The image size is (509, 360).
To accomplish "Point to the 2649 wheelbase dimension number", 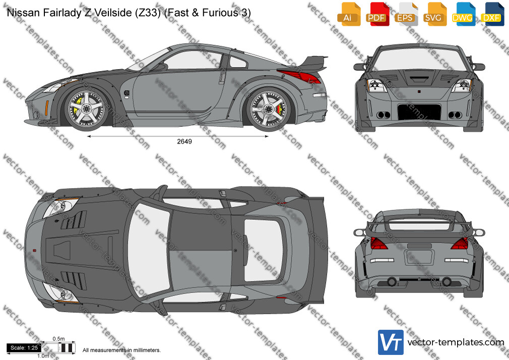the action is (x=184, y=141).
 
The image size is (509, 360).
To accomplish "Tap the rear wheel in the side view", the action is (x=269, y=109).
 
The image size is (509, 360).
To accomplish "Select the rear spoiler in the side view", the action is (x=312, y=63).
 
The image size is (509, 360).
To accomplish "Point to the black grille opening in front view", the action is (x=419, y=112).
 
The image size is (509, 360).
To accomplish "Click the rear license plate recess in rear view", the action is (x=419, y=257).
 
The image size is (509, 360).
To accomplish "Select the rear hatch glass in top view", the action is (x=263, y=250).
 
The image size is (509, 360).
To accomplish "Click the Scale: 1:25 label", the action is (x=24, y=348).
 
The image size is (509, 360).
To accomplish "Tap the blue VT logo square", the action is (x=391, y=342).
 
